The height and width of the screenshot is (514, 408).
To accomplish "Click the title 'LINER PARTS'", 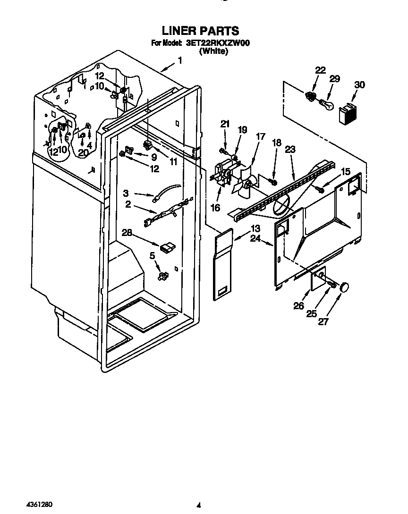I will coord(200,31).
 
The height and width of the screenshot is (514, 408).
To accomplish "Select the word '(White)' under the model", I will coord(213,51).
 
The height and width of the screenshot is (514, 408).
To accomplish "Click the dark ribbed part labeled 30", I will coord(347,114).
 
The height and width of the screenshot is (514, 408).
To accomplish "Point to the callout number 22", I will coord(320,70).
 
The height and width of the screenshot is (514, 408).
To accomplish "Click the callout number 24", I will coord(255,239).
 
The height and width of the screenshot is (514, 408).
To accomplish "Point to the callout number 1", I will coord(180,60).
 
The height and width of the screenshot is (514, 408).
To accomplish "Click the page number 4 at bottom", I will coord(199,505).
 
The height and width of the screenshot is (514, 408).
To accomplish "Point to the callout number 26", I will coord(298,306).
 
